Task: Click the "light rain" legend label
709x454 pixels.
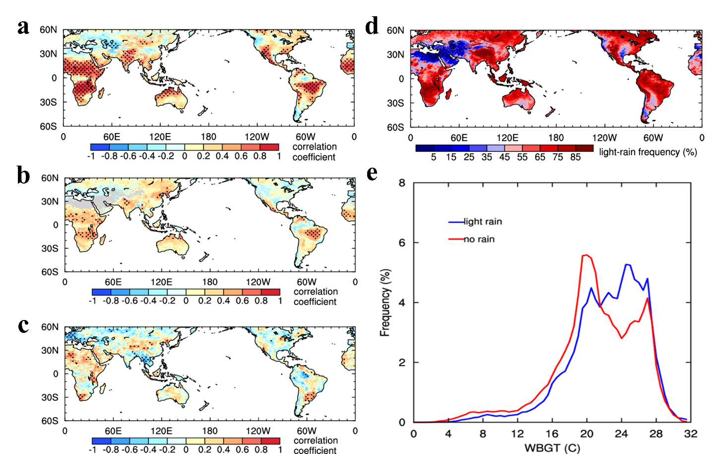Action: (483, 222)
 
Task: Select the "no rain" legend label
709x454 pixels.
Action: (479, 239)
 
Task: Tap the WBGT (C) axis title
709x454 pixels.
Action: (552, 448)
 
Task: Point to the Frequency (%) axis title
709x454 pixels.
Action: (385, 303)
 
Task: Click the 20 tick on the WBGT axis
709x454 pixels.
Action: (586, 434)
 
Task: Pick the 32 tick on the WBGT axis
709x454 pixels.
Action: (690, 434)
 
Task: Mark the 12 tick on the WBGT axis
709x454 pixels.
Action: (517, 434)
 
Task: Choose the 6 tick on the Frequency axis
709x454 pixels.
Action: (402, 243)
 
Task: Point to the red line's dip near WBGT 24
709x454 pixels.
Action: (621, 338)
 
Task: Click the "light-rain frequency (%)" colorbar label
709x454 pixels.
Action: (647, 152)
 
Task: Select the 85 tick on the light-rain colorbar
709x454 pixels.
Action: (575, 157)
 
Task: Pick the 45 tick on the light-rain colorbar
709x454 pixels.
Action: (505, 157)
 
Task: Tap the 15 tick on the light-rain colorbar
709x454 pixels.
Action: (451, 157)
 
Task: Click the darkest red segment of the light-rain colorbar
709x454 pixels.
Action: (584, 148)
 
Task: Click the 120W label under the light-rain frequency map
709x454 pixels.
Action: (604, 138)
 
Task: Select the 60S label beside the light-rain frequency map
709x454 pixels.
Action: (395, 128)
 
